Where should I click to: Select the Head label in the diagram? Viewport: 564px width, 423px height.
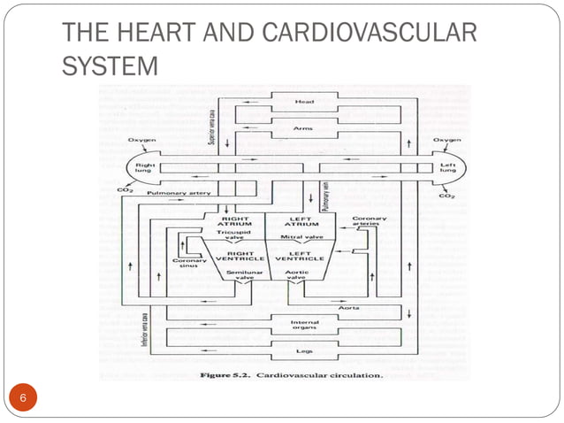pos(303,102)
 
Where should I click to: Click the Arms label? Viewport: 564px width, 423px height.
pos(303,129)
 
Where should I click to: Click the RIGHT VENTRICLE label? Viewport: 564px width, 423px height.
pos(240,256)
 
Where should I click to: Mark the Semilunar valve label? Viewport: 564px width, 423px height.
pos(242,277)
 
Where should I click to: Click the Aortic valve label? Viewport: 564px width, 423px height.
pos(297,277)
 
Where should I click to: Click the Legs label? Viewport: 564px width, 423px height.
pos(303,350)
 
